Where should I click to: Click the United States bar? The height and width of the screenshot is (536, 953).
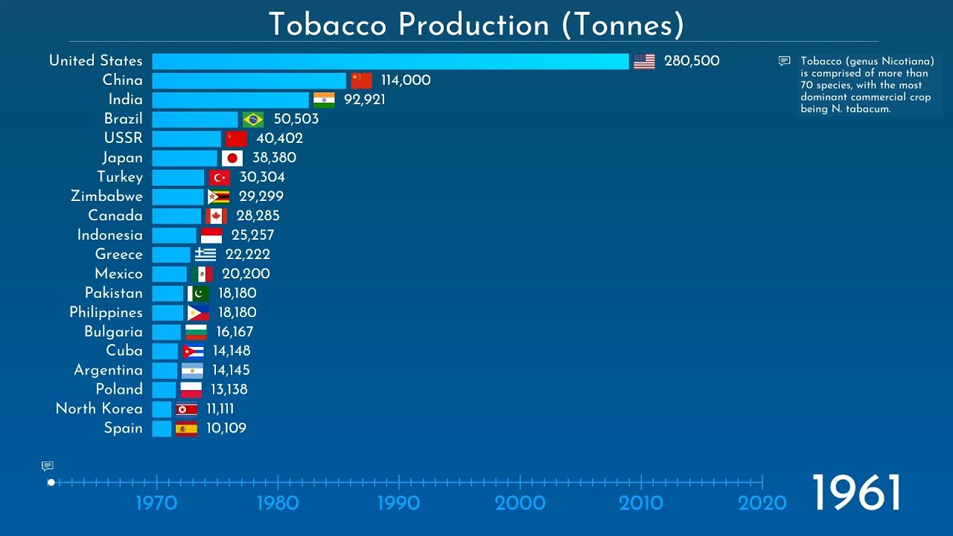tap(390, 61)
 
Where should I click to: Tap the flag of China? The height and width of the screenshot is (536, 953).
tap(361, 80)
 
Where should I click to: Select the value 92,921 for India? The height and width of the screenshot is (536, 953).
tap(364, 100)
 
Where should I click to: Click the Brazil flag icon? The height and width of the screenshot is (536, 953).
tap(253, 119)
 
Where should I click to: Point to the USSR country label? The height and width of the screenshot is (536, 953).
tap(123, 138)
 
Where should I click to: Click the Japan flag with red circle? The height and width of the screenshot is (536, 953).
tap(232, 158)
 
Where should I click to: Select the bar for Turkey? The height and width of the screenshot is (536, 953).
tap(178, 177)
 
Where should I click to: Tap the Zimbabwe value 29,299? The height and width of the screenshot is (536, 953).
tap(261, 197)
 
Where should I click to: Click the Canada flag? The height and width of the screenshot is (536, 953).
tap(216, 216)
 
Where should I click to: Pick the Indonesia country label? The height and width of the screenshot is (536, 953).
tap(109, 235)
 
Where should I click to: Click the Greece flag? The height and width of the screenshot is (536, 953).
tap(205, 255)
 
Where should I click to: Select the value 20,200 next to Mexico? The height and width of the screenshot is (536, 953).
tap(246, 274)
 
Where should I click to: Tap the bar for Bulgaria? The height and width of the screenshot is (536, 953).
tap(166, 332)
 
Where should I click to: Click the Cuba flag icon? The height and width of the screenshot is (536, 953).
tap(193, 351)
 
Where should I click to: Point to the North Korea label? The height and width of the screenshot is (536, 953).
tap(99, 409)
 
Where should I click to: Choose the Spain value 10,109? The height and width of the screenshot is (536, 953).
tap(226, 428)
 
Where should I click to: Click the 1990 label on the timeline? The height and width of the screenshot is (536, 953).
tap(398, 503)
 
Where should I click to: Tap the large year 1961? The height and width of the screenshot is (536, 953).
tap(855, 493)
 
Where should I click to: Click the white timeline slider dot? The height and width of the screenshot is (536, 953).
tap(51, 482)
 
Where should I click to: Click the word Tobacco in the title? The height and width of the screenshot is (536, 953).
tap(328, 25)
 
